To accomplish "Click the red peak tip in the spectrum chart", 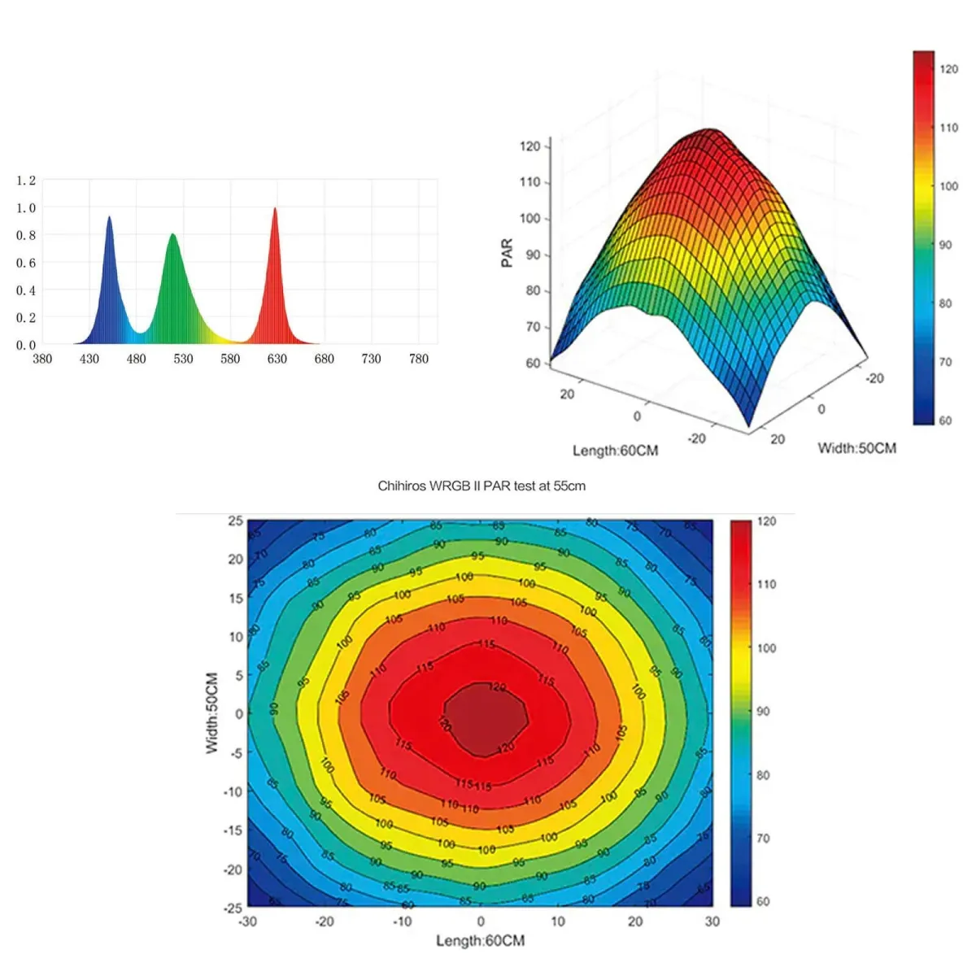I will point(275,210).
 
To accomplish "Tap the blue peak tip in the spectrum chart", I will point(109,218).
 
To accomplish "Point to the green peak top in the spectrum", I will point(172,236).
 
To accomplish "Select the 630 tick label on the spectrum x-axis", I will point(277,359).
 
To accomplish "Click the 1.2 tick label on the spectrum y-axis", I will point(26,181).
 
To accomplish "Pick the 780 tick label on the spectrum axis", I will point(418,359).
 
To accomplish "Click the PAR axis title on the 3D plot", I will point(508,252).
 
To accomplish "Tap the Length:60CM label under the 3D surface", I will point(615,451).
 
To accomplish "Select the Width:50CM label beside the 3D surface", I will point(856,448).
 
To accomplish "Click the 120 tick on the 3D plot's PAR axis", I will point(529,146).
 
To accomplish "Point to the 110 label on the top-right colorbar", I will point(948,128).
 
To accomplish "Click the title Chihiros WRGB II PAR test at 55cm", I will point(481,486).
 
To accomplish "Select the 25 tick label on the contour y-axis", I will point(235,521).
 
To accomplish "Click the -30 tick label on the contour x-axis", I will point(247,922).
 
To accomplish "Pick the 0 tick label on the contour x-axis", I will point(481,922).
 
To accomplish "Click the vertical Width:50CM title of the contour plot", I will point(212,712).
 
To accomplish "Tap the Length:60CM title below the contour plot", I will point(480,941).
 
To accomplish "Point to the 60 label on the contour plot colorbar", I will point(763,901).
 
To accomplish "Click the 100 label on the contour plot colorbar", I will point(766,648).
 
